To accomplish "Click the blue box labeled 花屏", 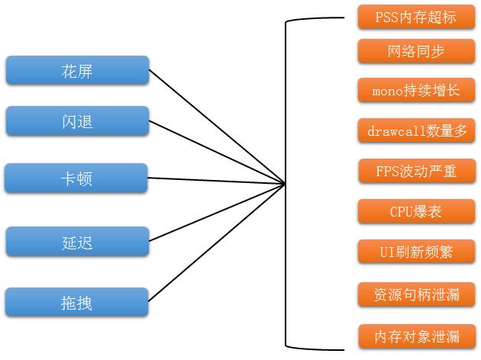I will click(77, 70).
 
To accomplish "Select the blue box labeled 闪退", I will click(77, 121).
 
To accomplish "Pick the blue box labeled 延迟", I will click(77, 241).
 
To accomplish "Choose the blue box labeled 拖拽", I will click(77, 302).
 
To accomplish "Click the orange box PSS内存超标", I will click(416, 16).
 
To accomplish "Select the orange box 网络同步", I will click(416, 51).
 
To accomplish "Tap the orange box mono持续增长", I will click(416, 91).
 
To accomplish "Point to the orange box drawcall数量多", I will click(416, 131).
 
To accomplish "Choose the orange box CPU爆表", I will click(416, 211).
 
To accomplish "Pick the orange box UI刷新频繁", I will click(416, 251).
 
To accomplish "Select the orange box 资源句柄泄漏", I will click(417, 294).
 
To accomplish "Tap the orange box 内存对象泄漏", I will click(417, 336).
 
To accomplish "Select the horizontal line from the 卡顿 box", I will click(218, 181).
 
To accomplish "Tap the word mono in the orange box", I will click(386, 91).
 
